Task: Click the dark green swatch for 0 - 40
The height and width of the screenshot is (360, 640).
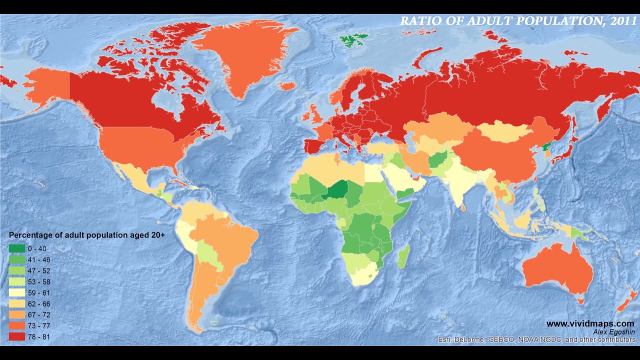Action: [x=16, y=248]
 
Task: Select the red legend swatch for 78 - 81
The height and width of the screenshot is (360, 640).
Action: [x=16, y=337]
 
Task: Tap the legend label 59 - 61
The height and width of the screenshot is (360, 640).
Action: [x=39, y=293]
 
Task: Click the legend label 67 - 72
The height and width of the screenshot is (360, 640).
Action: [x=39, y=315]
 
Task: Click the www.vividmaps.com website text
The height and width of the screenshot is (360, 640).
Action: [x=590, y=324]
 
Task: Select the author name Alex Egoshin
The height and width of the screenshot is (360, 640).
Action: [x=613, y=332]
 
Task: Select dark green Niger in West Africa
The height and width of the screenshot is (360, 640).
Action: [x=338, y=190]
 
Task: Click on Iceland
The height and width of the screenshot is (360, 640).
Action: [x=286, y=86]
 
